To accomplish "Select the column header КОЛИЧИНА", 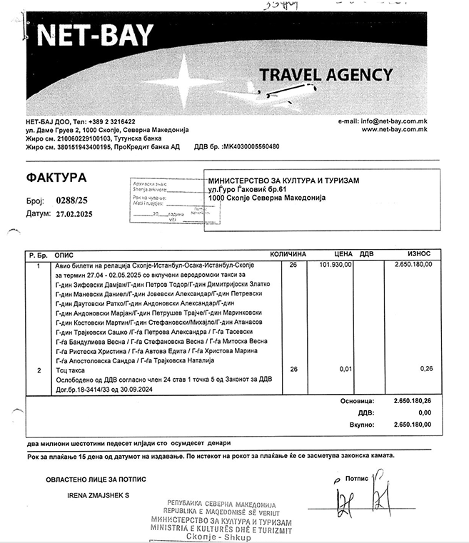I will (288, 254).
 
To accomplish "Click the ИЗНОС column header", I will (418, 254).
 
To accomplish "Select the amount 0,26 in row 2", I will (425, 369).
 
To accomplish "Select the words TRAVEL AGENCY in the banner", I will (325, 74).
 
